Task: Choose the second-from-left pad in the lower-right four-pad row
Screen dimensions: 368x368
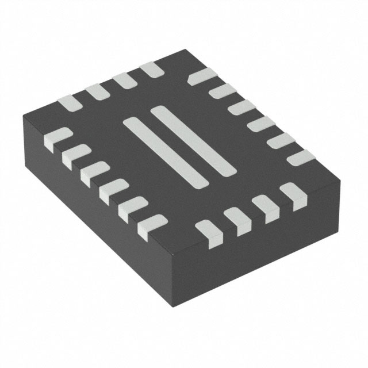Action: coord(236,218)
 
